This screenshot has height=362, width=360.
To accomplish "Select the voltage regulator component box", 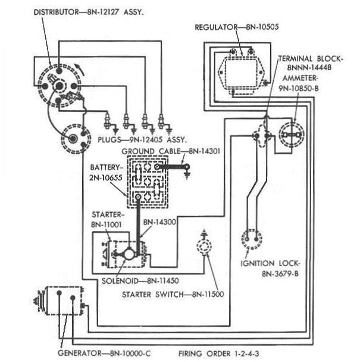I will click(239, 68).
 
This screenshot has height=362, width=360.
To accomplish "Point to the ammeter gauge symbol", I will click(291, 136).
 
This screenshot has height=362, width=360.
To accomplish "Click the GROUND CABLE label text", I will click(151, 151).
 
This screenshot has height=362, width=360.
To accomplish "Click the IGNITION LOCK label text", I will click(271, 263).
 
